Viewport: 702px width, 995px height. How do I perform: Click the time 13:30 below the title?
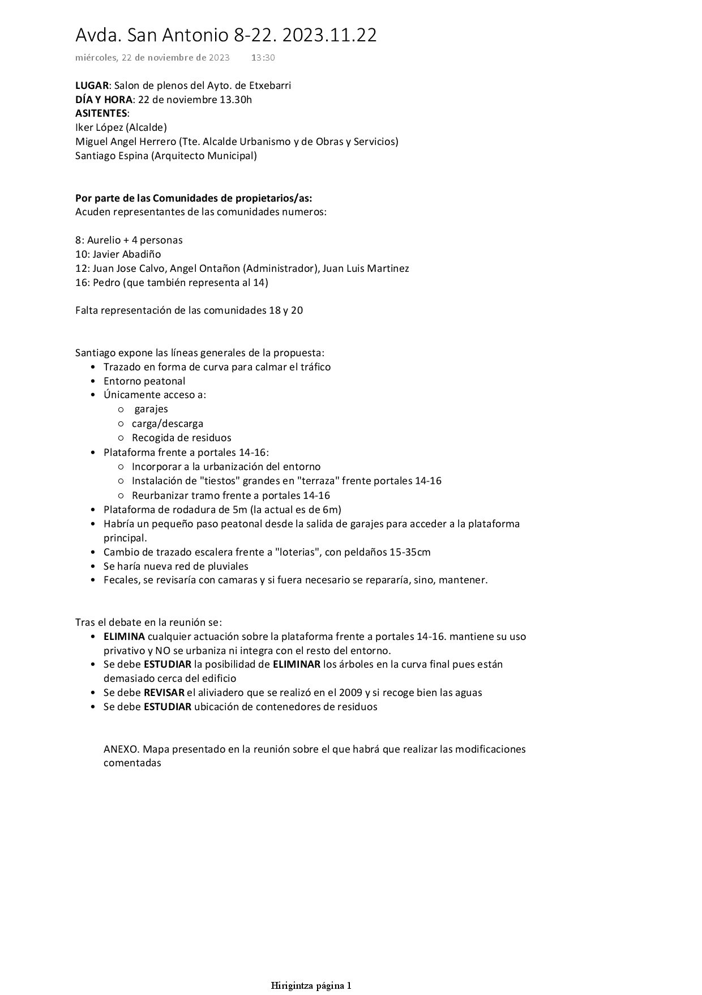tap(263, 57)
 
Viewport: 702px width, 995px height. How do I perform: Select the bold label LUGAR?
tap(92, 86)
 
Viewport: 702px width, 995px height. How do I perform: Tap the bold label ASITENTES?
tap(101, 113)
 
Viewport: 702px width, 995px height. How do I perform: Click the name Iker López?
tap(100, 127)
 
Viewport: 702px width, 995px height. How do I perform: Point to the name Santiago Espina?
tap(111, 155)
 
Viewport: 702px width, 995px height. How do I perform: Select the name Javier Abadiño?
tap(127, 254)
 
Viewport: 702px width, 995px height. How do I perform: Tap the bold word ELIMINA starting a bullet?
tap(124, 637)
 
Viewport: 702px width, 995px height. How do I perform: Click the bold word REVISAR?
tap(164, 693)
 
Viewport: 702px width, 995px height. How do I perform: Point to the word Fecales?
tap(121, 580)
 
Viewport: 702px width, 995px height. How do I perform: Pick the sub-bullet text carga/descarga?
tap(168, 424)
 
